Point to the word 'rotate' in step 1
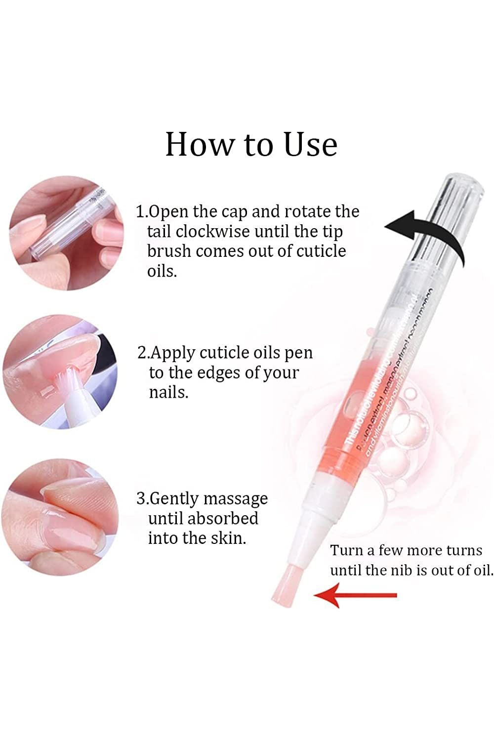pos(307,211)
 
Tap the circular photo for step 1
pos(66,232)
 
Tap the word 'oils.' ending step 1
pos(162,271)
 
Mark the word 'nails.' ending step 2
pos(168,392)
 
